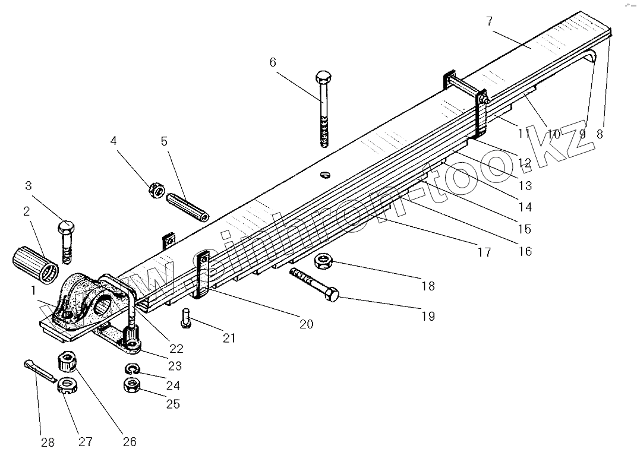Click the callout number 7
click(489, 21)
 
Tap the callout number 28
click(48, 442)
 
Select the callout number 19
click(427, 316)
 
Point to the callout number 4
click(113, 141)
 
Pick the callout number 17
click(484, 252)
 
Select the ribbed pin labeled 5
click(187, 205)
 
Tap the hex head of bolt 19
click(332, 294)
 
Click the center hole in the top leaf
click(325, 174)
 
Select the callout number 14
click(524, 207)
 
